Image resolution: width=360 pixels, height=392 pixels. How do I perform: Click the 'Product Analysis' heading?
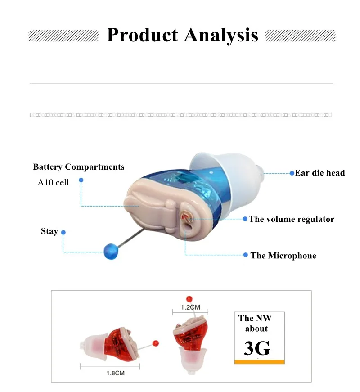182,35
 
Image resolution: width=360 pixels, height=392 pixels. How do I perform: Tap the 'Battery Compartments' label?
79,167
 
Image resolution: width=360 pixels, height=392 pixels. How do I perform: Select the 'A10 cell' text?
53,183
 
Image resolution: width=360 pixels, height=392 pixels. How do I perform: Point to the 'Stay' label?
49,231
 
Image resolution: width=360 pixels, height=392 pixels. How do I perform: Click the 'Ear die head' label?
319,173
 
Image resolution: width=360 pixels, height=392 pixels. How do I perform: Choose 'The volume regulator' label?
292,219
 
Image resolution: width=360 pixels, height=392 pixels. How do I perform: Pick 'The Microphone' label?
283,256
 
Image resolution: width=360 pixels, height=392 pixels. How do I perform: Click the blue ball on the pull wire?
111,251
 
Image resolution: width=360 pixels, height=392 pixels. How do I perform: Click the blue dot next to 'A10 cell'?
81,180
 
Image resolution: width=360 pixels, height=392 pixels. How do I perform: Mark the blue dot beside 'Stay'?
63,232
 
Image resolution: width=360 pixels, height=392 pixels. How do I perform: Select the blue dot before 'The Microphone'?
245,255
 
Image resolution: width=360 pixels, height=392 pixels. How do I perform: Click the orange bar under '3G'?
260,361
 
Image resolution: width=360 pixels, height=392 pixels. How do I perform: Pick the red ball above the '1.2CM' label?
189,298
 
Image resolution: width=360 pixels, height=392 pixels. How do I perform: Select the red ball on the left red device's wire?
156,343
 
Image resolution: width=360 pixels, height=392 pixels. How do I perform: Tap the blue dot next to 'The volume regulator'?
245,219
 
